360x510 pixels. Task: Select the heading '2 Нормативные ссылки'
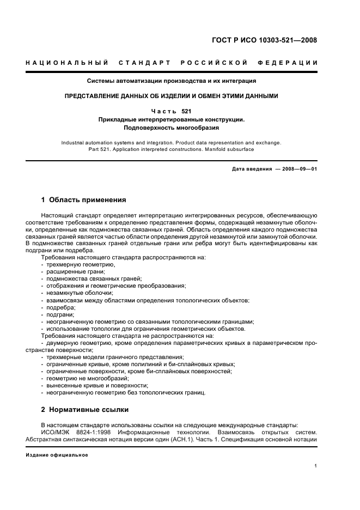tap(85, 409)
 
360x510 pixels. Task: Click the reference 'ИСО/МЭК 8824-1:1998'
tap(72, 432)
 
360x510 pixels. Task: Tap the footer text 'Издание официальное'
tap(57, 455)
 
